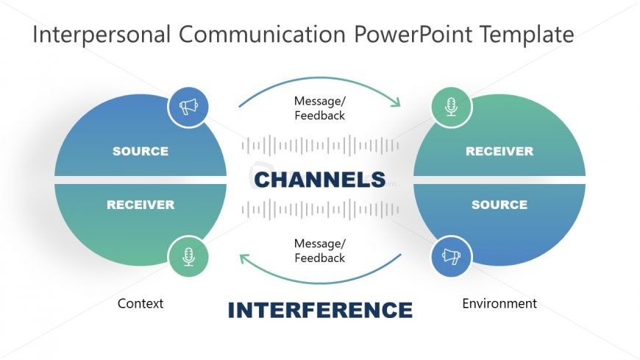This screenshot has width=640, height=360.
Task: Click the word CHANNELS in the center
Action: (x=320, y=180)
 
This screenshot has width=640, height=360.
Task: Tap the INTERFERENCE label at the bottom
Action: (x=320, y=310)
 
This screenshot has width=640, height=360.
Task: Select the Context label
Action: (x=141, y=303)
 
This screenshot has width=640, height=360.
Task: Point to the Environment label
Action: (x=499, y=303)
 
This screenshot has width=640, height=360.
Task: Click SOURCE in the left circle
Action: (x=141, y=152)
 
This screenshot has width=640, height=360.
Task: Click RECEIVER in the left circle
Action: (x=141, y=205)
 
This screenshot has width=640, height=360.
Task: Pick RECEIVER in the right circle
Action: (x=499, y=152)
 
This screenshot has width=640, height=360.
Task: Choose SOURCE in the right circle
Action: (x=499, y=205)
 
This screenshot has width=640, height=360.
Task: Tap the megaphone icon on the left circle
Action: (x=188, y=107)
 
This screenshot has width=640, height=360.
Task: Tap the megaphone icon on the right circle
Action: (x=451, y=256)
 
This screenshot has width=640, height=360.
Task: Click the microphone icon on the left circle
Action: (x=188, y=256)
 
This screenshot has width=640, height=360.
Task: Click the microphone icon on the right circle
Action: (x=451, y=107)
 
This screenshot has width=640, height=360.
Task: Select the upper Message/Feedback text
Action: (x=319, y=108)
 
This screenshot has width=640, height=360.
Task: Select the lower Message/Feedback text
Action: (x=319, y=251)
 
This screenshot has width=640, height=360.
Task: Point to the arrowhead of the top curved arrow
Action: (x=397, y=103)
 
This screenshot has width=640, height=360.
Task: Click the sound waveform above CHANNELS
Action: (x=320, y=145)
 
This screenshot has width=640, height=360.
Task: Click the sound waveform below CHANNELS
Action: (x=320, y=209)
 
